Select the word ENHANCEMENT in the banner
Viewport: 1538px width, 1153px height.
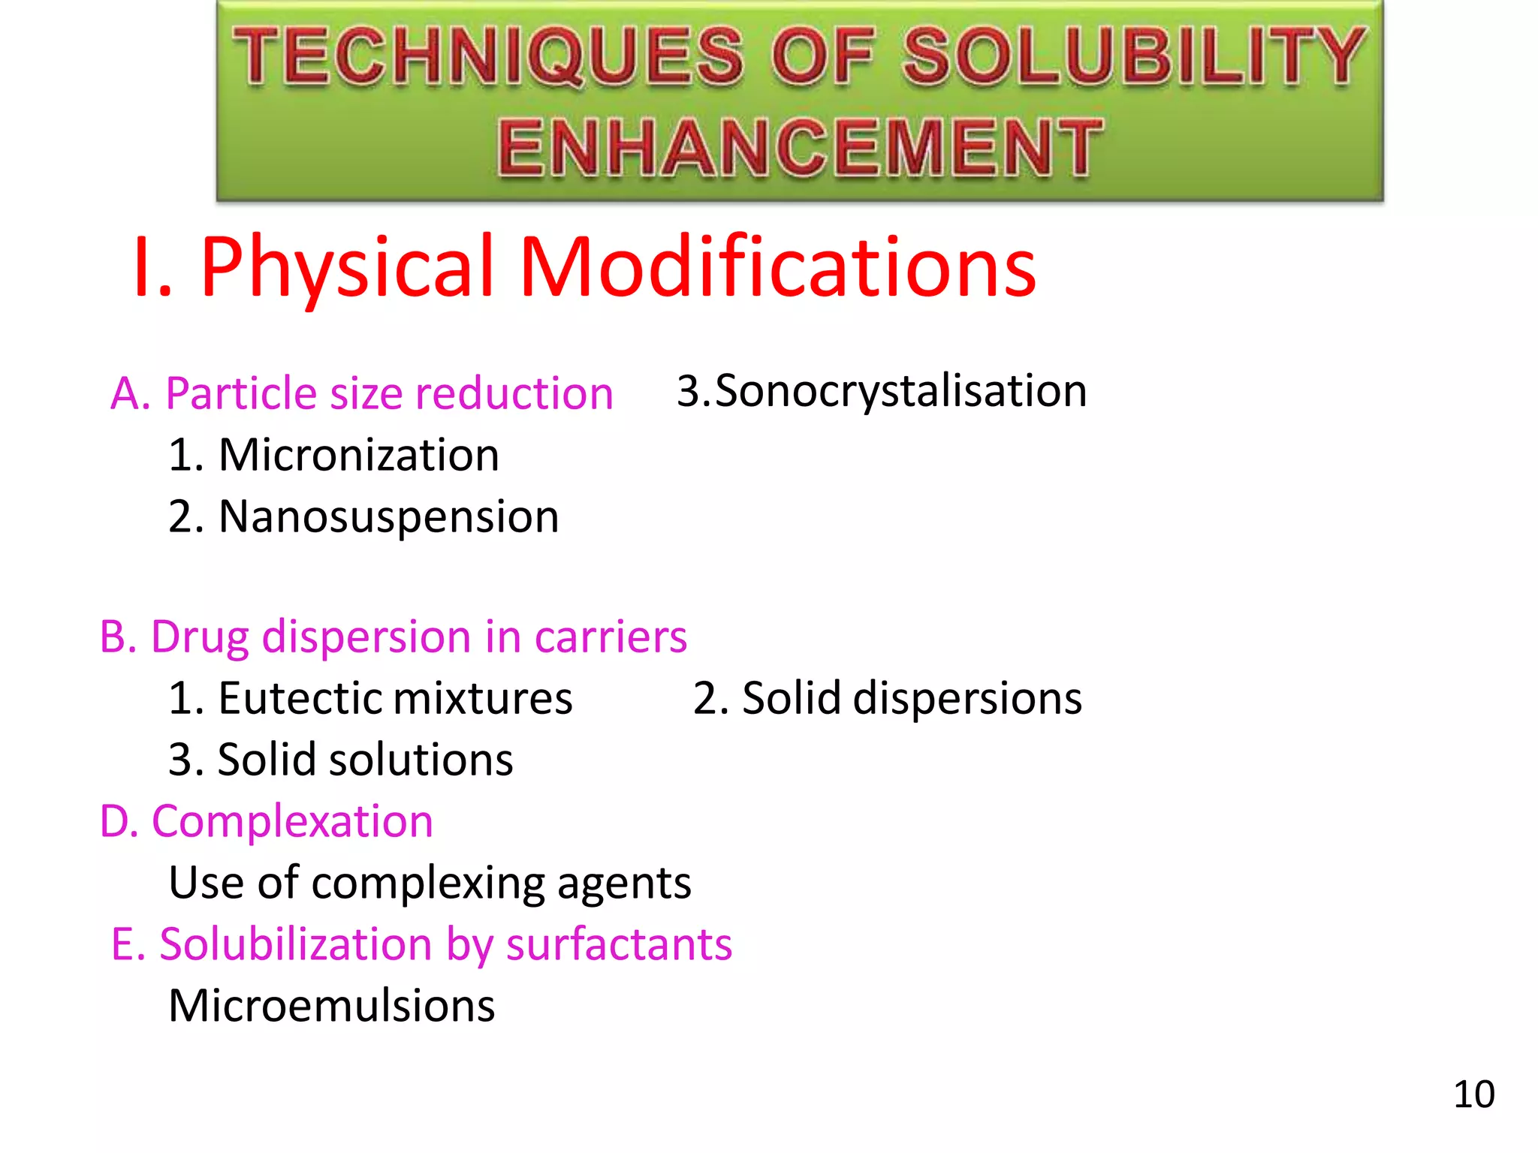[800, 148]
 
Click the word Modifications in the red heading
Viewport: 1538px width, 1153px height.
[778, 267]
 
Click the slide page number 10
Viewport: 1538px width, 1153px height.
[1473, 1094]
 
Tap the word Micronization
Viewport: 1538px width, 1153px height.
[359, 456]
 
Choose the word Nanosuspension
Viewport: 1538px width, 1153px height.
[389, 517]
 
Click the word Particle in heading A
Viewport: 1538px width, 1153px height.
[242, 393]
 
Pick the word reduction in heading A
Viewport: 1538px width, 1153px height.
[514, 393]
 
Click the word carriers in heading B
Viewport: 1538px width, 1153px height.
[611, 637]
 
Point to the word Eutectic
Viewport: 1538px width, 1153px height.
[300, 699]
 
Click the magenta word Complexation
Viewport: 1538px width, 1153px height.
[292, 821]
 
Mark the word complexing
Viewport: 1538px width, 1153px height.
[427, 884]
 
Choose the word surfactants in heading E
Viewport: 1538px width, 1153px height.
[619, 944]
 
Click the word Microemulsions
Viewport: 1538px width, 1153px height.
[332, 1006]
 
